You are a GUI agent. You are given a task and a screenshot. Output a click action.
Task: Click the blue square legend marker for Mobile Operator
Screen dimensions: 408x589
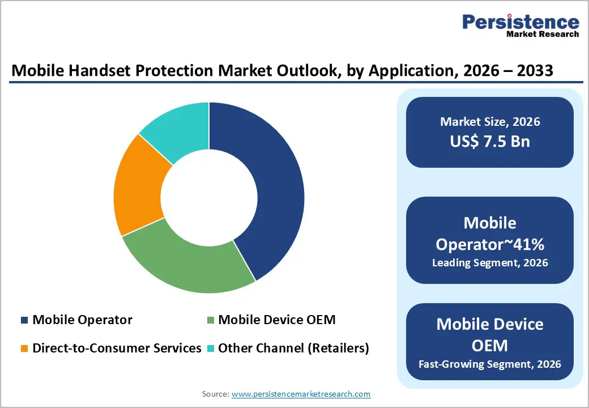click(x=24, y=320)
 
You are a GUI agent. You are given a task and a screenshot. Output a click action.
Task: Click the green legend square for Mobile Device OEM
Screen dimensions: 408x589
click(x=210, y=320)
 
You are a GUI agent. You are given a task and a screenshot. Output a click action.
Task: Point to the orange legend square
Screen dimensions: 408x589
click(x=24, y=348)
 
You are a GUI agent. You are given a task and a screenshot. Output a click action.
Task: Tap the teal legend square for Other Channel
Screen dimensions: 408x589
click(x=210, y=348)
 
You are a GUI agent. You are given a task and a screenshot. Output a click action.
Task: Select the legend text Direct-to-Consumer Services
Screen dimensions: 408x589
click(x=117, y=348)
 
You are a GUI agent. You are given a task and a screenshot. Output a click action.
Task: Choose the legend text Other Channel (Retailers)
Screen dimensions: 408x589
click(x=293, y=348)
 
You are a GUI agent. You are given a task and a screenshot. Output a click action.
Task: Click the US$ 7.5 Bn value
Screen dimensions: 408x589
click(x=490, y=141)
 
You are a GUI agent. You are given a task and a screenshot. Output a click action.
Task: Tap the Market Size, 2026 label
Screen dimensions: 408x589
click(x=490, y=121)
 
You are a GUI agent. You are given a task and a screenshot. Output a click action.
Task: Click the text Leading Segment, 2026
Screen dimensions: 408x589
click(x=490, y=262)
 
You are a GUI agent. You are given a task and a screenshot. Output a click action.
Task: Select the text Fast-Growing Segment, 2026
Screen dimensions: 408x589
click(x=490, y=363)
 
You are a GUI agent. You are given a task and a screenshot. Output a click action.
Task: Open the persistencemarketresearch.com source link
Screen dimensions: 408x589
click(x=301, y=394)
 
